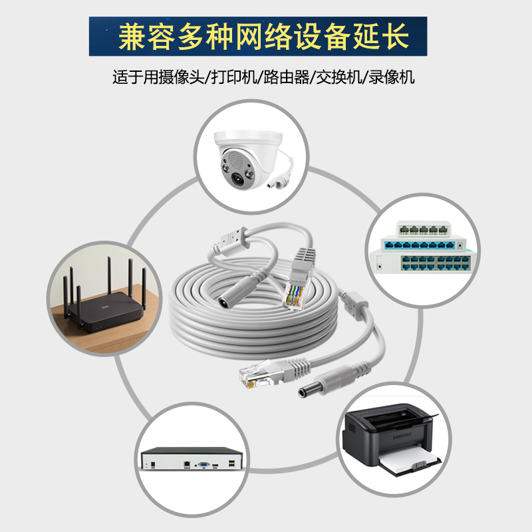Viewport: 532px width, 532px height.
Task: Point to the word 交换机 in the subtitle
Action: click(x=339, y=76)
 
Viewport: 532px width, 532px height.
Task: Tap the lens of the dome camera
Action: click(x=239, y=176)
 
